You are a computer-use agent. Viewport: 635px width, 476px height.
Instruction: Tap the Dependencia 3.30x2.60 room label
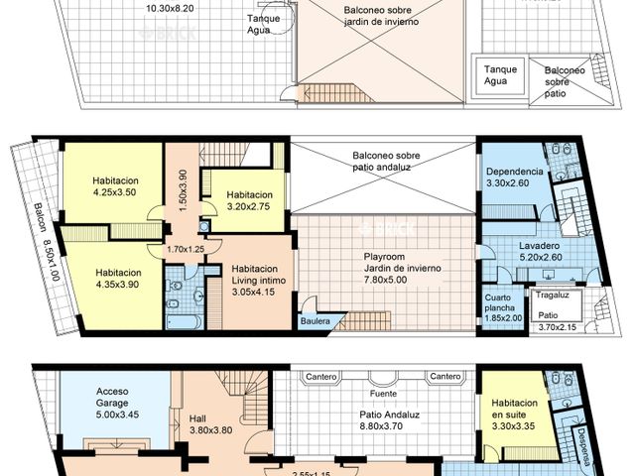click(x=514, y=178)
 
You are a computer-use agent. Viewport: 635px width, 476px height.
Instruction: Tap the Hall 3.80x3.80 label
click(x=209, y=424)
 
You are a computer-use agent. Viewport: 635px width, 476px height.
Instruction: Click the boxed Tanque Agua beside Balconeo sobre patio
click(x=498, y=76)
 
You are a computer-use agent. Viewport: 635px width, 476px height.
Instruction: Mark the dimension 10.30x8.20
click(x=172, y=8)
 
